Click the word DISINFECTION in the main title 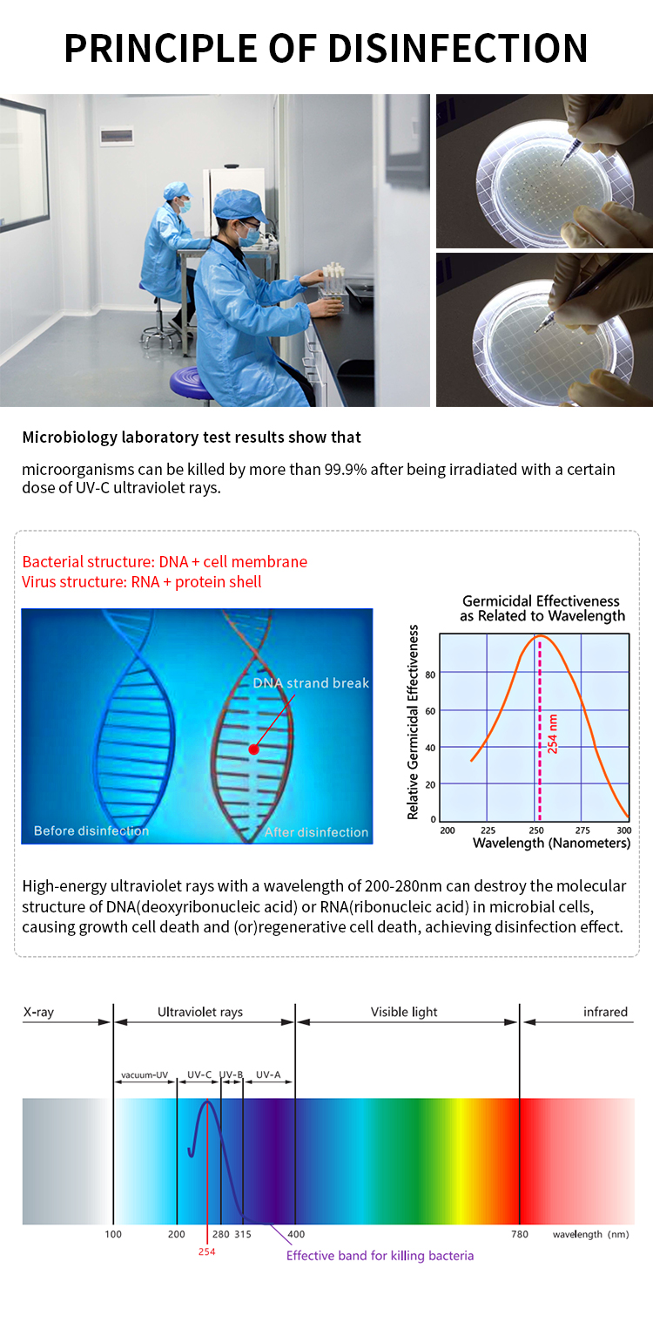click(x=458, y=48)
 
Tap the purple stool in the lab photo click(x=191, y=383)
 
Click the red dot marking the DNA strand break click(x=253, y=749)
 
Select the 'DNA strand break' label click(x=311, y=683)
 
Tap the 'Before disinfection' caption click(x=91, y=830)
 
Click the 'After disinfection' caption click(x=316, y=832)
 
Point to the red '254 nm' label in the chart click(x=553, y=734)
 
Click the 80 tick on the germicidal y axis click(x=430, y=675)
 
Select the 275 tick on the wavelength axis click(x=582, y=830)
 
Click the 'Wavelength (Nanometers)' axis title click(x=551, y=843)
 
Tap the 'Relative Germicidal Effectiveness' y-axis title click(x=413, y=722)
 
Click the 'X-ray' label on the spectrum click(x=38, y=1012)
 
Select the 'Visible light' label click(x=404, y=1012)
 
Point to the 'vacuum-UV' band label click(x=145, y=1075)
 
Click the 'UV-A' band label click(x=268, y=1075)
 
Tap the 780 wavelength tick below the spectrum click(x=520, y=1234)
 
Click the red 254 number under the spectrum click(x=206, y=1251)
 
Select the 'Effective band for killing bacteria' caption click(x=380, y=1255)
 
